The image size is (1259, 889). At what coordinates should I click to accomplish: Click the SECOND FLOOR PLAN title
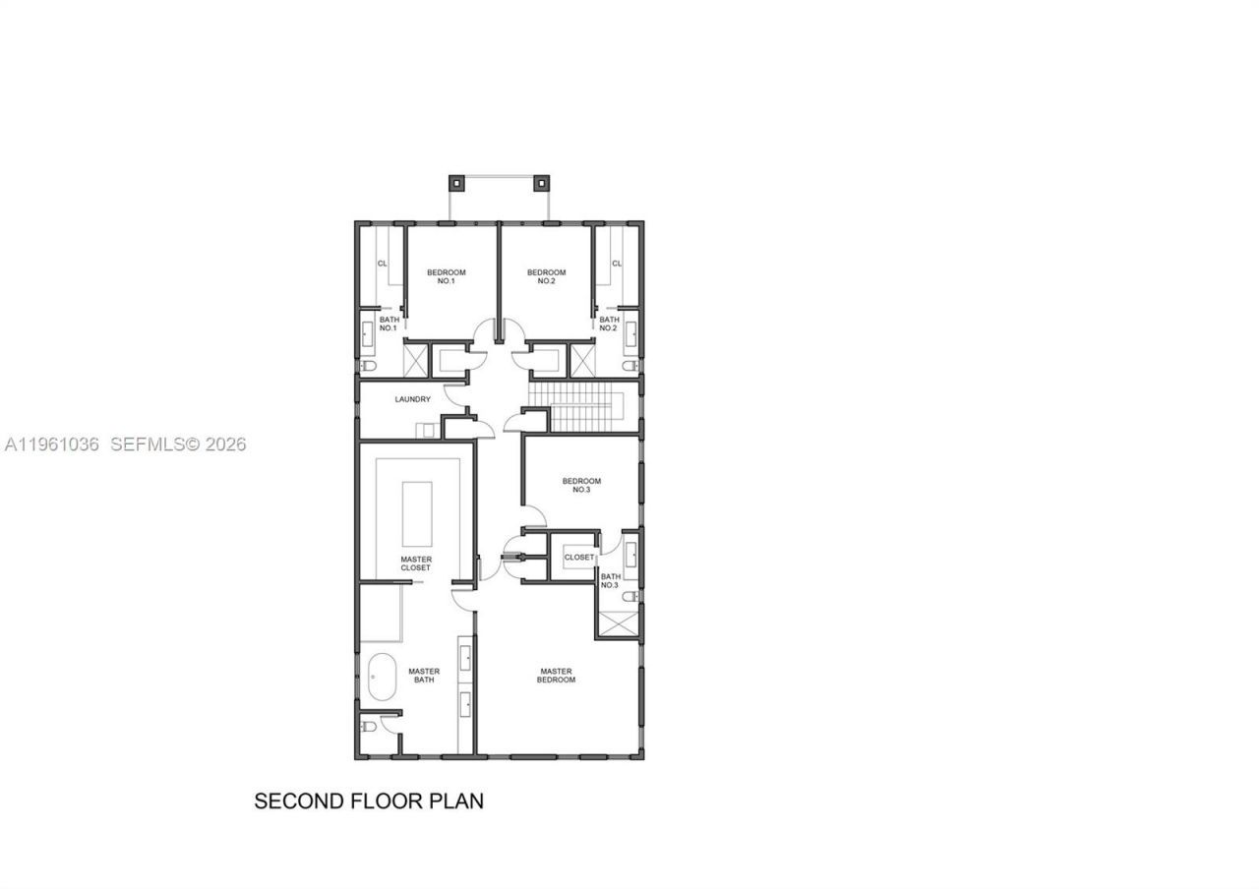click(x=369, y=800)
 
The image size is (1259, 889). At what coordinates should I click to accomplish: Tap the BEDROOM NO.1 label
click(x=446, y=276)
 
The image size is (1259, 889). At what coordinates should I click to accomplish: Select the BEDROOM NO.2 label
click(x=547, y=276)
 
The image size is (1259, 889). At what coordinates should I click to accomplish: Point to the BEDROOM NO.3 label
click(x=581, y=485)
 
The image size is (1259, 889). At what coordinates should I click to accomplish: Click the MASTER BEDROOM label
click(x=556, y=676)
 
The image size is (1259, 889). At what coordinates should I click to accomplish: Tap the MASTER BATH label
click(x=424, y=676)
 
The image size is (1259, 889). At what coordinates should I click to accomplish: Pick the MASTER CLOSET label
click(x=416, y=563)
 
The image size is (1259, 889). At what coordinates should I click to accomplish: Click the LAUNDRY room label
click(x=412, y=399)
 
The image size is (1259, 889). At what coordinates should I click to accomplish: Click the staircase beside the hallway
click(x=582, y=407)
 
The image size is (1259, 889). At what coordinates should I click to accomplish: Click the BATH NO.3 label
click(x=610, y=581)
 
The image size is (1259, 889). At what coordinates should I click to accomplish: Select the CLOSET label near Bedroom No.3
click(x=579, y=558)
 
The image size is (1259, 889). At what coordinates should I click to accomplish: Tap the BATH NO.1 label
click(x=388, y=324)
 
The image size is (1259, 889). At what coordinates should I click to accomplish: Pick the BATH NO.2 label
click(x=609, y=324)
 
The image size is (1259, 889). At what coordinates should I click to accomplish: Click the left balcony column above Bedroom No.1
click(x=455, y=182)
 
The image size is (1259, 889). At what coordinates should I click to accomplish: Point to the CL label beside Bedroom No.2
click(x=617, y=264)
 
